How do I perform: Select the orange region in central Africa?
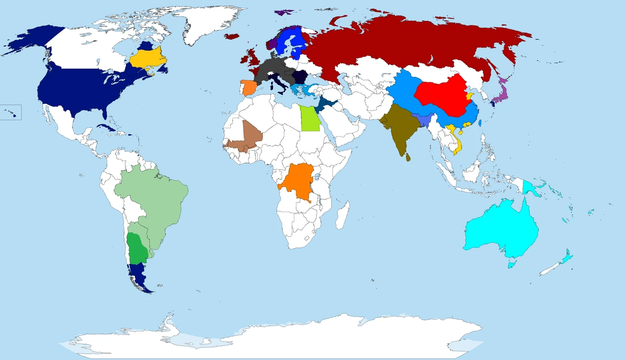pyautogui.click(x=299, y=182)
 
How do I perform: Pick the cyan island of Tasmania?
pyautogui.click(x=511, y=265)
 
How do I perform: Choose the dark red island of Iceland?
pyautogui.click(x=232, y=36)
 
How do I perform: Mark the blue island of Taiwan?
pyautogui.click(x=479, y=125)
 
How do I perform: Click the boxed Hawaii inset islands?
pyautogui.click(x=11, y=112)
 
